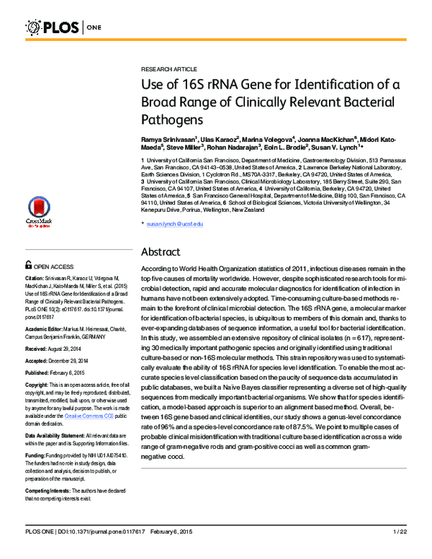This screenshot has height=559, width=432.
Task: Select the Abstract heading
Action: [x=164, y=252]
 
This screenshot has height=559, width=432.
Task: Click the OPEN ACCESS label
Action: [x=58, y=266]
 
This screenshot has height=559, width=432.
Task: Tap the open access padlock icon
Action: [x=29, y=265]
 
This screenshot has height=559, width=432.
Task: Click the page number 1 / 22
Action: [x=400, y=551]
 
